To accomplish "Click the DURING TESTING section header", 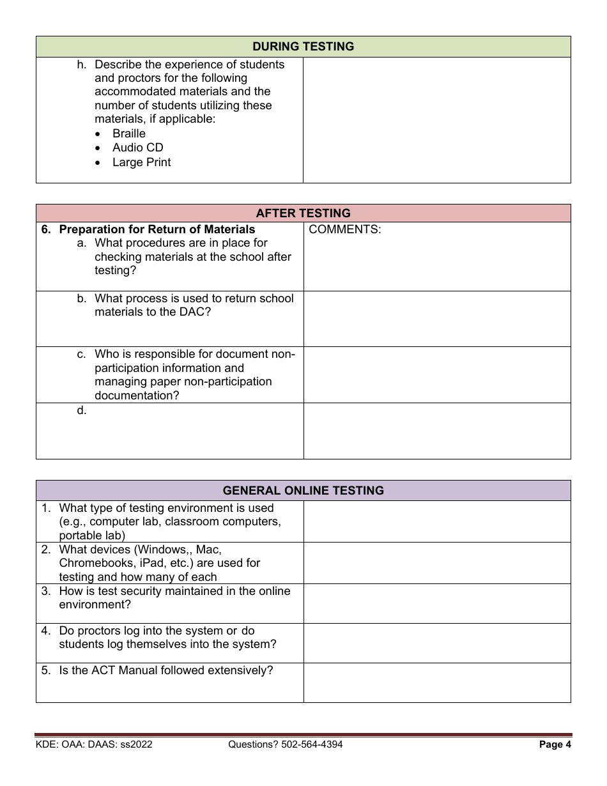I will [303, 47].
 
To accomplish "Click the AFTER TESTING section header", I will [303, 213].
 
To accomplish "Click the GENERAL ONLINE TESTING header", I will [303, 491].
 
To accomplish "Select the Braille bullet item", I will [128, 134].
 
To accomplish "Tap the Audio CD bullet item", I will [137, 148].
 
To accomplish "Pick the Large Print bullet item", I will [141, 162].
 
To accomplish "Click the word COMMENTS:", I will [344, 229].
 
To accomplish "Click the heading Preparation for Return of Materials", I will [157, 229].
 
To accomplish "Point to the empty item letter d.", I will [81, 410].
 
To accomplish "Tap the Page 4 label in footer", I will [555, 744].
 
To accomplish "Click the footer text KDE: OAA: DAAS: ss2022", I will [94, 744].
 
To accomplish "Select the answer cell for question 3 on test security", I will [436, 603].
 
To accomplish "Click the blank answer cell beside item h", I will [436, 120].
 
